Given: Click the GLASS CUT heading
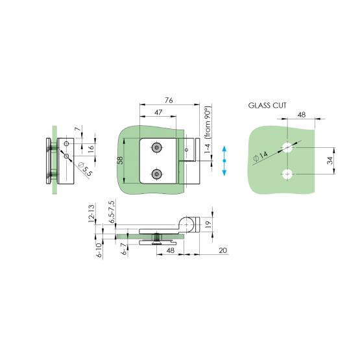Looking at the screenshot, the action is tap(267, 105).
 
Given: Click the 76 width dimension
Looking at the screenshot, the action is tap(169, 101).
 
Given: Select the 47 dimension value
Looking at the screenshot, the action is tap(158, 112).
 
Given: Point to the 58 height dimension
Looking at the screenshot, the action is tap(120, 160).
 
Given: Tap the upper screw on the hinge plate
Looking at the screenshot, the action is tap(157, 148).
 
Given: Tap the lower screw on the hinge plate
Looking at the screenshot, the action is tap(157, 174).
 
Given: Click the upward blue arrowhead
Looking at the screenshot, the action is tap(224, 149).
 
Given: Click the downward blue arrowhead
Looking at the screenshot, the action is tap(224, 173).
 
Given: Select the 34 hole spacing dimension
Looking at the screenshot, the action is tap(330, 160).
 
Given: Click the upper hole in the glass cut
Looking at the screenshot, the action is tap(287, 147).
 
